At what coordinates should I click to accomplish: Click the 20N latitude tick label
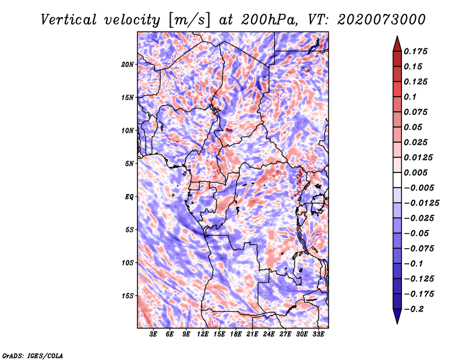click(x=127, y=65)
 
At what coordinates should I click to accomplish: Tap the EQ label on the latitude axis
click(x=129, y=197)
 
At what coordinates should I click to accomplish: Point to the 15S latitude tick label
click(x=128, y=296)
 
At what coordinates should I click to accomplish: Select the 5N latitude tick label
click(x=129, y=164)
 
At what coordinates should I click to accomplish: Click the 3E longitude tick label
click(x=153, y=334)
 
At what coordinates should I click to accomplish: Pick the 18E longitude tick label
click(x=236, y=334)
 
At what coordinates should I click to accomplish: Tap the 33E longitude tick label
click(x=318, y=334)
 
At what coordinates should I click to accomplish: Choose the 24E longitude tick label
click(x=269, y=334)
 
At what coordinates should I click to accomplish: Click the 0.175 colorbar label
click(x=415, y=51)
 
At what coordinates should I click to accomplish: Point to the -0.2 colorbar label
click(x=414, y=309)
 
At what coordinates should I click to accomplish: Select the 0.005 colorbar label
click(x=415, y=172)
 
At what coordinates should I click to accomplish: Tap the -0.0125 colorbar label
click(x=422, y=203)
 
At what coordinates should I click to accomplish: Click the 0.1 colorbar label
click(x=410, y=97)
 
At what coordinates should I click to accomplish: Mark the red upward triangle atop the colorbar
click(x=397, y=44)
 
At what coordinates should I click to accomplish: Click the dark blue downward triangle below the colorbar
click(x=397, y=316)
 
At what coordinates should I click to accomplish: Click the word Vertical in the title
click(x=69, y=20)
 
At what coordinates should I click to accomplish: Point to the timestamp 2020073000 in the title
click(x=382, y=20)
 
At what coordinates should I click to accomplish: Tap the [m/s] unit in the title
click(x=189, y=20)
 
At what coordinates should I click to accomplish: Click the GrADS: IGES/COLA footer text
click(x=33, y=355)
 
